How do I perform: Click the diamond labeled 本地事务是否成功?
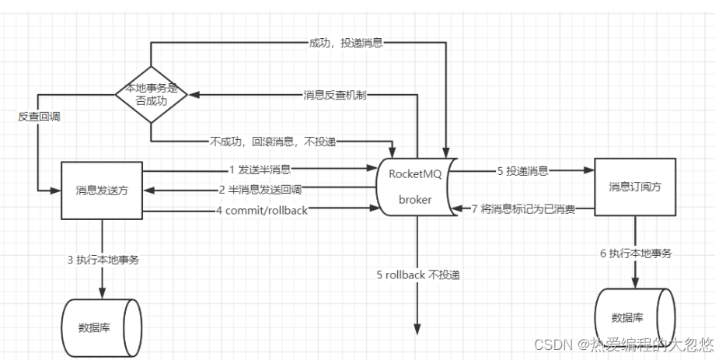click(152, 94)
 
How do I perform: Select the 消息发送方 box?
click(103, 190)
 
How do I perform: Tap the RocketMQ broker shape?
click(414, 187)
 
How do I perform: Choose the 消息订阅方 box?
click(635, 186)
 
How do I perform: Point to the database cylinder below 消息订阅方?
click(632, 316)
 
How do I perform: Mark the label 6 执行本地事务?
click(637, 254)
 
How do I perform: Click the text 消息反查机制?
click(335, 95)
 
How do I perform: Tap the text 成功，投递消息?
click(345, 43)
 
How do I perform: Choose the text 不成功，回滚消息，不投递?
click(276, 142)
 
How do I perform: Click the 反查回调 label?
click(38, 116)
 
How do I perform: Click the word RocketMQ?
click(415, 174)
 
